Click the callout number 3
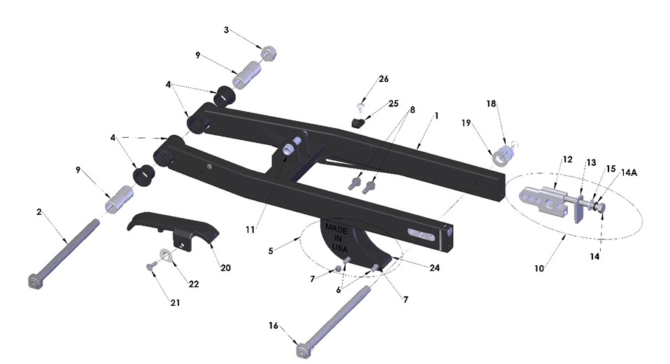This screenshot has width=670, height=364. pos(226,30)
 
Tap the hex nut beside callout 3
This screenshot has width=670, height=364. pos(266,52)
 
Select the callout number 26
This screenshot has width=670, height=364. pos(383,78)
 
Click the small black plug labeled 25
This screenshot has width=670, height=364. pos(359,122)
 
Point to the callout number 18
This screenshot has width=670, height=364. pos(491,103)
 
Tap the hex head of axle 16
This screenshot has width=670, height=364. pos(301,349)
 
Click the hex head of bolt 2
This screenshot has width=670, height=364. pos(33,280)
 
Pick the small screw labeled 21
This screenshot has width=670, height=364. pos(150,267)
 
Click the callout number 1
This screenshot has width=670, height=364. pos(436,114)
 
